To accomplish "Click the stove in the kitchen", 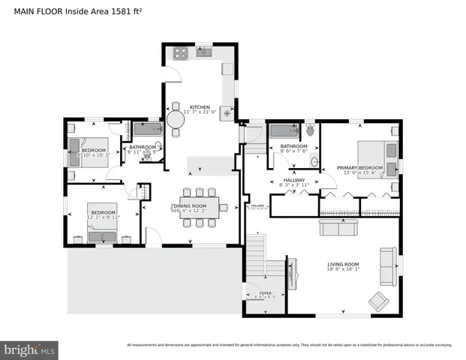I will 180,53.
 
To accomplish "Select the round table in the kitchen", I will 176,119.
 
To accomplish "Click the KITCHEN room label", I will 200,106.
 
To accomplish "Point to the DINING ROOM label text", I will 189,205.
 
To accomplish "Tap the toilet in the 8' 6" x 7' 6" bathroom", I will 311,130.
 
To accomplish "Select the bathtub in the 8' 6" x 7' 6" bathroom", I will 284,130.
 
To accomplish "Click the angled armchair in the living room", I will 378,301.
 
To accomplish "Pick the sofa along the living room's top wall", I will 338,227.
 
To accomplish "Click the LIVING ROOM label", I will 343,264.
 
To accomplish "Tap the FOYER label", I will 266,293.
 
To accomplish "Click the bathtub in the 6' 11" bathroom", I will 147,130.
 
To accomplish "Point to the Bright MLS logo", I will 30,349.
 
